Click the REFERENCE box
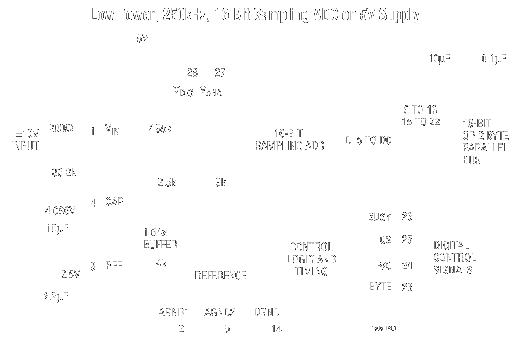coord(221,275)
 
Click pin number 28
coord(191,73)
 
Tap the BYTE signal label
coord(380,286)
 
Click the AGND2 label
coord(220,312)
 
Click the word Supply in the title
coord(398,15)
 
